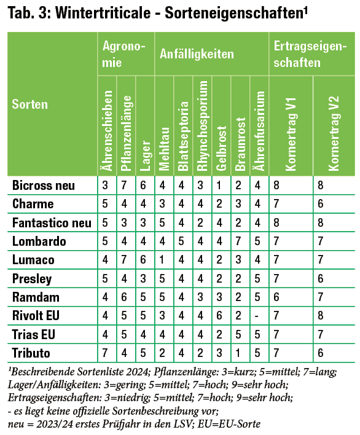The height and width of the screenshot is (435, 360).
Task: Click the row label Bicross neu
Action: click(x=44, y=186)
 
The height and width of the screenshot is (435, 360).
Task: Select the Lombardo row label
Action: click(x=39, y=241)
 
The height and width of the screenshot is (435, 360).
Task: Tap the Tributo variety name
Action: click(x=31, y=353)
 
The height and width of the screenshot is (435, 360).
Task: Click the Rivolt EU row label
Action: click(x=36, y=315)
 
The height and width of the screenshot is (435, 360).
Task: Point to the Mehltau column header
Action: click(x=164, y=149)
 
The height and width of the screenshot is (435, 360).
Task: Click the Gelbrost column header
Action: click(x=221, y=149)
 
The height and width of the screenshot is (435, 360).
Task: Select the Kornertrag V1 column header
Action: click(x=291, y=134)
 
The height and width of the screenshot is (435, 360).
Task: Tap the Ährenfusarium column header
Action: click(x=260, y=131)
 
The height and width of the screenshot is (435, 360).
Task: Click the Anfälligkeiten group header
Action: click(x=197, y=54)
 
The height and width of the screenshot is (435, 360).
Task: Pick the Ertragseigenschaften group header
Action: click(x=310, y=54)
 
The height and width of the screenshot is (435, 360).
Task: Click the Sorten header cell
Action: click(x=30, y=104)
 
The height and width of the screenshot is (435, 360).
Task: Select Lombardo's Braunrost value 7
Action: click(x=238, y=241)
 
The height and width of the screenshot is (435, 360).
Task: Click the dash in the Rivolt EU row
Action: click(x=257, y=316)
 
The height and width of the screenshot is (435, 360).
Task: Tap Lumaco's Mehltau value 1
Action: click(x=162, y=260)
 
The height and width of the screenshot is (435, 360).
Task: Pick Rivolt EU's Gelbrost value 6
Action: click(x=219, y=315)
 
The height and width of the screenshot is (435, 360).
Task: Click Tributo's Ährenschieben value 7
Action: click(x=105, y=353)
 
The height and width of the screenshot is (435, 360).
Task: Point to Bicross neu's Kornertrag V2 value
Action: click(x=321, y=185)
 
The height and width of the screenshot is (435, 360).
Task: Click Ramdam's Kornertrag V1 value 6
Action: click(x=276, y=297)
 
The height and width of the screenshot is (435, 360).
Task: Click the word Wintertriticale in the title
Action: click(x=103, y=13)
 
